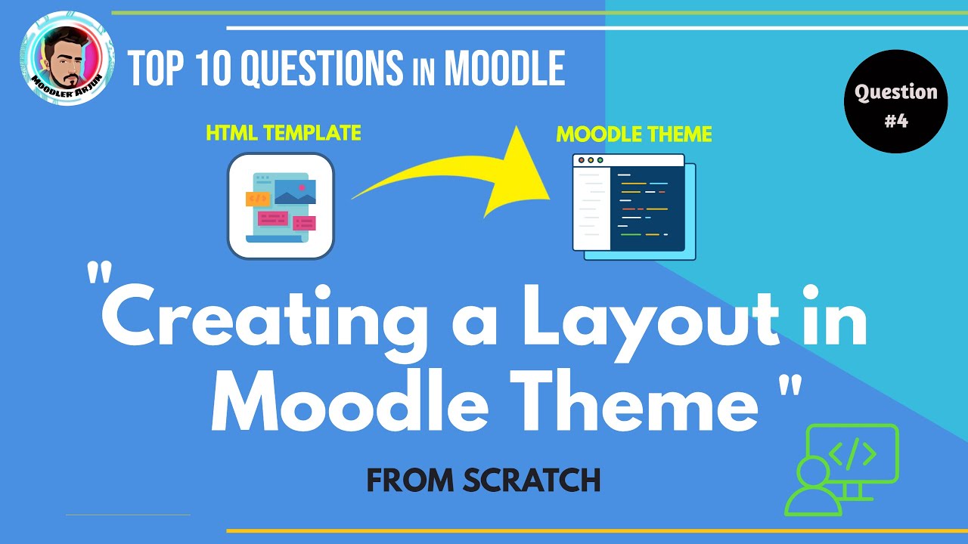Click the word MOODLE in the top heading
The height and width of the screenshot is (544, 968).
504,69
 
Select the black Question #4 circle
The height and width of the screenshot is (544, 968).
895,102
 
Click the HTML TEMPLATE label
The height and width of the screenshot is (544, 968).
284,134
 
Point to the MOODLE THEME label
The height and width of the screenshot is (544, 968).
634,134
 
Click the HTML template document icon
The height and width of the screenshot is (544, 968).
281,206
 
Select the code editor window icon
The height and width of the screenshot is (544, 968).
634,206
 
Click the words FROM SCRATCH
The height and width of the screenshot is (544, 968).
483,481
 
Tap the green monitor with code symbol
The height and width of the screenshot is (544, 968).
853,456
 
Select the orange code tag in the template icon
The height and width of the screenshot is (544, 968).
258,199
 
